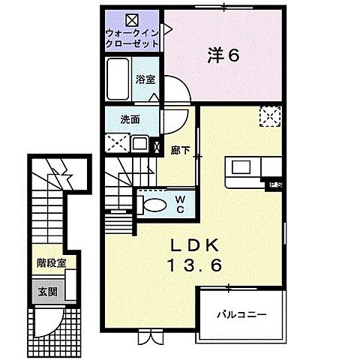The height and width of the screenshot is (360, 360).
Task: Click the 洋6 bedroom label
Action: click(223, 55)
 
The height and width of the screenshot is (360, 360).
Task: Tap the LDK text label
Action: click(195, 245)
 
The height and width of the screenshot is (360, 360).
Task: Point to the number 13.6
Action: click(195, 265)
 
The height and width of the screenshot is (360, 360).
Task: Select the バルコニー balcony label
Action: click(241, 314)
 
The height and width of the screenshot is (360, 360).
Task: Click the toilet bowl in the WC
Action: click(155, 205)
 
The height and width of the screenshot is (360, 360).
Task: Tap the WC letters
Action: click(180, 205)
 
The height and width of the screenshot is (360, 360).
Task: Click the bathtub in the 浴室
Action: click(118, 79)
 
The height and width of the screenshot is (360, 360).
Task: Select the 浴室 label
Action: click(145, 79)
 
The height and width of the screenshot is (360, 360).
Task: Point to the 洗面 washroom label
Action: click(130, 119)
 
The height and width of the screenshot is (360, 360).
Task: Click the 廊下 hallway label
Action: click(181, 151)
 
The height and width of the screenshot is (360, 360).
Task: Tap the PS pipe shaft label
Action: click(275, 185)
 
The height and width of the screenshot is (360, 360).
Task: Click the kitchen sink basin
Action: click(241, 167)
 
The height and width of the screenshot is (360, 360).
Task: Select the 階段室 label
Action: click(52, 262)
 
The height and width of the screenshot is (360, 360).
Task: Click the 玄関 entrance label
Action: click(47, 292)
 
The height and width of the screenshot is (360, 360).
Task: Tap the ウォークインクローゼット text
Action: click(132, 38)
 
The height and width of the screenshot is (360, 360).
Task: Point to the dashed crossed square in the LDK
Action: click(270, 116)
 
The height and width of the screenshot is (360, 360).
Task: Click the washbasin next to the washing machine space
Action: click(140, 144)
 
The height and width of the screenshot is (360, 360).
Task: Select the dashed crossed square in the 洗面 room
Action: click(118, 143)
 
